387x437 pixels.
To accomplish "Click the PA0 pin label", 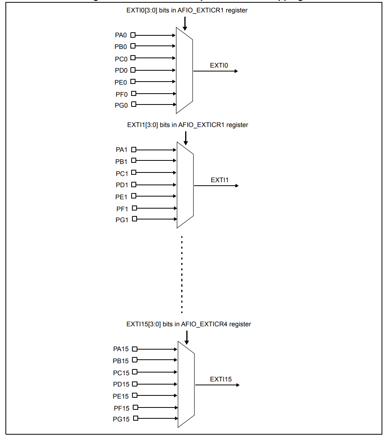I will pyautogui.click(x=121, y=35).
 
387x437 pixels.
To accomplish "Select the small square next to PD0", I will pyautogui.click(x=133, y=70).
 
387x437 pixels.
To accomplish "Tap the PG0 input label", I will pyautogui.click(x=121, y=105).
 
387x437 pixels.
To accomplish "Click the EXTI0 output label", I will pyautogui.click(x=219, y=66).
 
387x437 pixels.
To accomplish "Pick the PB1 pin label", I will pyautogui.click(x=121, y=161).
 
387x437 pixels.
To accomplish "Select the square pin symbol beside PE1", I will pyautogui.click(x=134, y=196).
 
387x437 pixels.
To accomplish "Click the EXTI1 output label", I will pyautogui.click(x=220, y=180).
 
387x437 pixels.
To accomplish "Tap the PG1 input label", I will pyautogui.click(x=122, y=220).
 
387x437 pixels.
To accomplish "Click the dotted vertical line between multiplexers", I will pyautogui.click(x=182, y=274).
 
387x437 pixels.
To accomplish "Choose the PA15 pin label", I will pyautogui.click(x=121, y=349).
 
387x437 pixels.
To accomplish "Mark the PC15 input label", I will pyautogui.click(x=121, y=373).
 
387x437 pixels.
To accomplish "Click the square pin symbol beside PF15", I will pyautogui.click(x=135, y=407).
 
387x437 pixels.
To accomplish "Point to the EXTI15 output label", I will pyautogui.click(x=221, y=379).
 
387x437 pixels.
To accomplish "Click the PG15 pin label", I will pyautogui.click(x=121, y=420).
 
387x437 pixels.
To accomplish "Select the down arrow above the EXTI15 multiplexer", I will pyautogui.click(x=187, y=337).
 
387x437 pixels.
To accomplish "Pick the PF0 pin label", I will pyautogui.click(x=121, y=94).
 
